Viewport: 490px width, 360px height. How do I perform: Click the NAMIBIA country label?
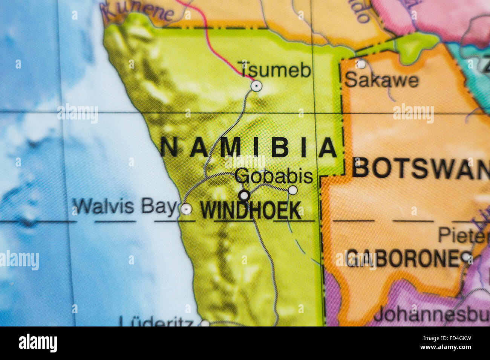[x=249, y=147]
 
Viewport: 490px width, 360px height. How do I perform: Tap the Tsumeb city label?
[x=276, y=70]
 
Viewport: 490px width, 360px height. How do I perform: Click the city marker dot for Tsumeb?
[x=256, y=86]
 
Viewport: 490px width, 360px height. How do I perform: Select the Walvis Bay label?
[x=125, y=207]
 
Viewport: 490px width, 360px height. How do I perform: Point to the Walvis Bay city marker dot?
[x=186, y=209]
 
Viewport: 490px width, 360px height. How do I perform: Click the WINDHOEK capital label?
[x=251, y=211]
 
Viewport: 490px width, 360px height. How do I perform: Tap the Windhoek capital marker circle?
[x=244, y=195]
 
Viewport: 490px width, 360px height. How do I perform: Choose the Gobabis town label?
[x=274, y=176]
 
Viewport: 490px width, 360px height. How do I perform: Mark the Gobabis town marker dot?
[x=292, y=190]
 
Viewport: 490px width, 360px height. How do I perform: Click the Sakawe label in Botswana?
[x=381, y=80]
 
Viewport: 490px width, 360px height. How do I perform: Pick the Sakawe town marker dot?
[x=361, y=64]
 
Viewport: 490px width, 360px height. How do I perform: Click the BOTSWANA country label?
[x=420, y=168]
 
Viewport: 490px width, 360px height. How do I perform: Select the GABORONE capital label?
[x=403, y=259]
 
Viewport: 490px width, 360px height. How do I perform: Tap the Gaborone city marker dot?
[x=467, y=258]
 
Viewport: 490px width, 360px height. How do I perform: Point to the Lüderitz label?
[x=157, y=321]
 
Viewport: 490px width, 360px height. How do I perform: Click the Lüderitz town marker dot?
[x=205, y=323]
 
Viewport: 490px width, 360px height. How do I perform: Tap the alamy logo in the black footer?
[x=38, y=343]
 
